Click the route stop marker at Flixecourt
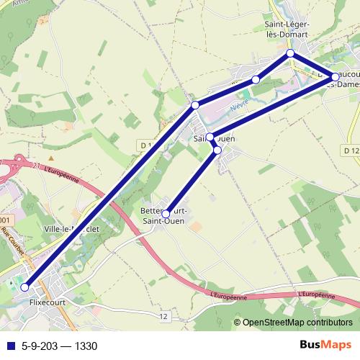(24, 287)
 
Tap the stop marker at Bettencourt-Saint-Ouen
(166, 214)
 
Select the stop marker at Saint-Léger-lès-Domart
(290, 54)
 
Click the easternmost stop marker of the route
(335, 76)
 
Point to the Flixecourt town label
(48, 303)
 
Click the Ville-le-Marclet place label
(71, 229)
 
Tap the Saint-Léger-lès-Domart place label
(286, 29)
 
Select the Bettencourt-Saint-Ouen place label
(165, 216)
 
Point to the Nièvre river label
(239, 106)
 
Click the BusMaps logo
(325, 345)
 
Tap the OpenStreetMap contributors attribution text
(297, 323)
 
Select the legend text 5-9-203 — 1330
(59, 346)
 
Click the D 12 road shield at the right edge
(351, 150)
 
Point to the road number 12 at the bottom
(164, 316)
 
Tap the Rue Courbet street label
(13, 242)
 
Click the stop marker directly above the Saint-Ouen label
(210, 137)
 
